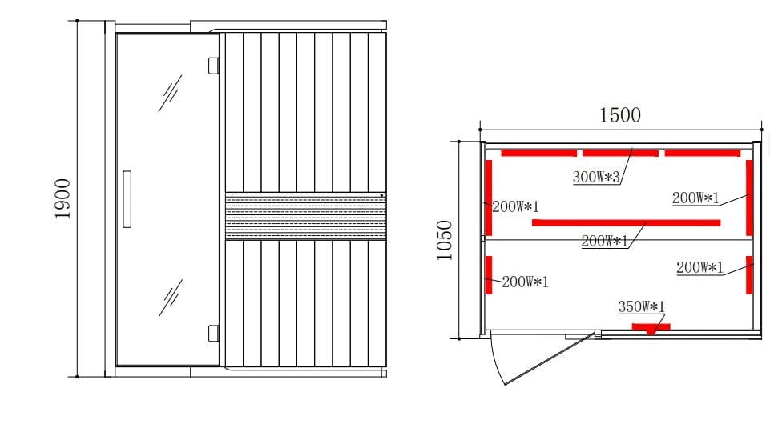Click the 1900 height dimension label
pyautogui.click(x=62, y=199)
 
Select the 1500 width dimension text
pyautogui.click(x=620, y=115)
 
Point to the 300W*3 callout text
pyautogui.click(x=597, y=178)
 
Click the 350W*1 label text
pyautogui.click(x=642, y=306)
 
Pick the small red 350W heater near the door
pyautogui.click(x=651, y=326)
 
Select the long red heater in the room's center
pyautogui.click(x=626, y=222)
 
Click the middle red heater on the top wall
pyautogui.click(x=619, y=153)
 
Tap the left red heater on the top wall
pyautogui.click(x=538, y=153)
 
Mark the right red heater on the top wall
pyautogui.click(x=702, y=153)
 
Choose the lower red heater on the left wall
pyautogui.click(x=489, y=274)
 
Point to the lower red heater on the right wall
pyautogui.click(x=749, y=274)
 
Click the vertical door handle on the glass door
pyautogui.click(x=127, y=200)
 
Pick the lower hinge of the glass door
pyautogui.click(x=213, y=333)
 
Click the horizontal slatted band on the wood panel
pyautogui.click(x=304, y=215)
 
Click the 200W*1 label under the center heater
pyautogui.click(x=604, y=241)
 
